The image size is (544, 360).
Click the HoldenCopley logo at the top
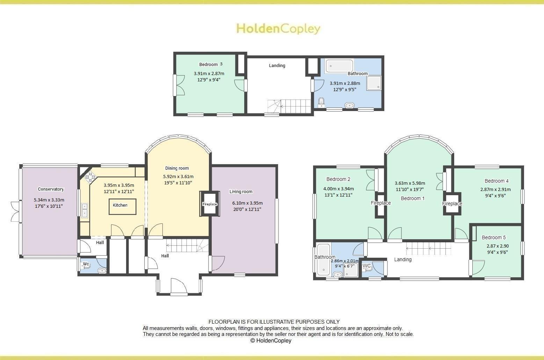pyautogui.click(x=278, y=28)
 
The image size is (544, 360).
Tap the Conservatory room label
pyautogui.click(x=51, y=189)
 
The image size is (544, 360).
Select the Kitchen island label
pyautogui.click(x=120, y=205)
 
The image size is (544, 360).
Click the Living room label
pyautogui.click(x=241, y=191)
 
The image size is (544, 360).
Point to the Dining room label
pyautogui.click(x=177, y=168)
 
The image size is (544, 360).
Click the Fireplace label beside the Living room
pyautogui.click(x=210, y=204)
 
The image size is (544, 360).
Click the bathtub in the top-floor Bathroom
pyautogui.click(x=339, y=66)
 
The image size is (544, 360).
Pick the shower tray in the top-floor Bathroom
pyautogui.click(x=374, y=83)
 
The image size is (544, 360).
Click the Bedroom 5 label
pyautogui.click(x=493, y=238)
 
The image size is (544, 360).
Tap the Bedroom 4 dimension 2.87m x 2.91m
pyautogui.click(x=495, y=190)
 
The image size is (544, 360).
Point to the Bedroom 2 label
pyautogui.click(x=338, y=179)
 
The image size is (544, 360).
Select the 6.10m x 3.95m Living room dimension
pyautogui.click(x=247, y=203)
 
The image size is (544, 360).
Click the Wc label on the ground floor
pyautogui.click(x=86, y=264)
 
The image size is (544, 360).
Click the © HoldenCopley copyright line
pyautogui.click(x=271, y=340)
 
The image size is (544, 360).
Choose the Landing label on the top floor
pyautogui.click(x=277, y=65)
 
